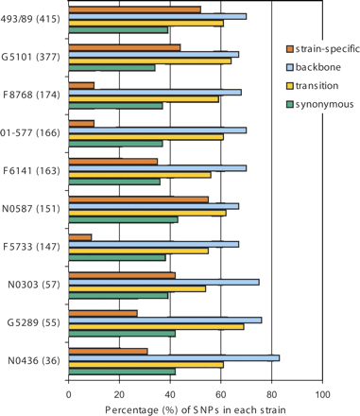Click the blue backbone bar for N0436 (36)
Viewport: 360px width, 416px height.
pyautogui.click(x=174, y=356)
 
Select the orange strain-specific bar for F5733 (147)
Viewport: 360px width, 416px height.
pyautogui.click(x=80, y=236)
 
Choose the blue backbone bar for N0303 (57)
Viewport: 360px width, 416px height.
pyautogui.click(x=163, y=281)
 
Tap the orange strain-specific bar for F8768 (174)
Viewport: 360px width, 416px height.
pyautogui.click(x=81, y=85)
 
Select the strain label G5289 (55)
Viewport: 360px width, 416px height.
pyautogui.click(x=33, y=321)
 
